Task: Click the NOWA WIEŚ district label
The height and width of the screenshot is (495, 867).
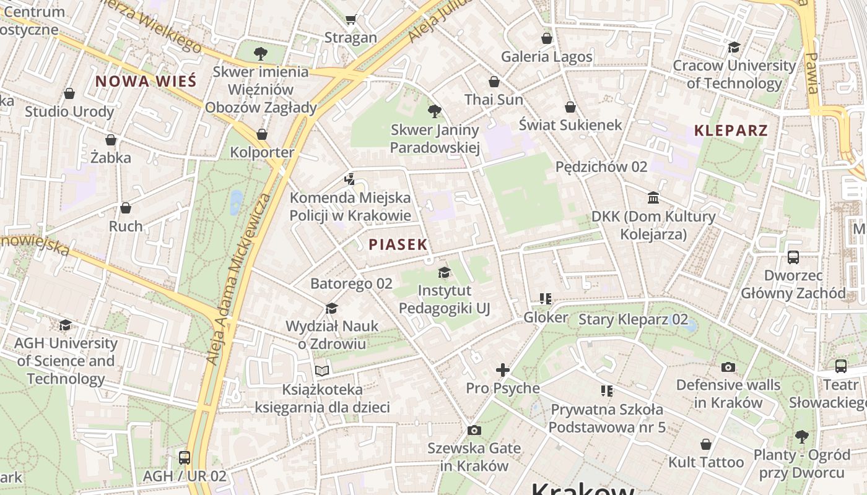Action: coord(146,81)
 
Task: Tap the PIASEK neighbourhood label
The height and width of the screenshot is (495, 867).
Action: coord(398,244)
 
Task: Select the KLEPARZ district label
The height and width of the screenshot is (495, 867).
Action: coord(731,131)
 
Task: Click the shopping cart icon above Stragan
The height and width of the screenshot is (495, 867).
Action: coord(351,20)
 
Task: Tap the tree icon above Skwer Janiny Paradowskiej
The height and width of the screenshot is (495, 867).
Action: coord(435,111)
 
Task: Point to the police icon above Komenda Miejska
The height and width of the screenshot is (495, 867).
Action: coord(350,179)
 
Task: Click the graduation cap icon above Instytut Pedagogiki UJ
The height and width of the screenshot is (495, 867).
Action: coord(444,272)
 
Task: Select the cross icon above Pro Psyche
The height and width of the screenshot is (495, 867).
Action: coord(502,370)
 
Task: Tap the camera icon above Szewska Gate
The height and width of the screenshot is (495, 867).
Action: coord(474,430)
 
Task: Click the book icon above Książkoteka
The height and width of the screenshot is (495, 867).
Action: coord(322,371)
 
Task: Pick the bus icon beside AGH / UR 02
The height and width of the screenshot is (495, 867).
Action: coord(185,458)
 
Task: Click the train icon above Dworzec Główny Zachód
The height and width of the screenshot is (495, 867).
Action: coord(793,257)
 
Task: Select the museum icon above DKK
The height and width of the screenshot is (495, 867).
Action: coord(653,198)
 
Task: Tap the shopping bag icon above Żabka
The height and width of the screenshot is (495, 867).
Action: coord(111,140)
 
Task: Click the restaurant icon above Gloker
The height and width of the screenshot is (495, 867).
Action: coord(546,299)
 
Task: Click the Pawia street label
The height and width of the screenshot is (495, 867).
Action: coord(812,73)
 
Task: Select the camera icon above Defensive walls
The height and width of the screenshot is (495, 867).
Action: coord(728,367)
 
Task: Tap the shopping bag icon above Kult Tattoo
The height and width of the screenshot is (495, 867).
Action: coord(706,444)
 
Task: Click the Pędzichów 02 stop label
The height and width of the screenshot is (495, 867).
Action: coord(601,166)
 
